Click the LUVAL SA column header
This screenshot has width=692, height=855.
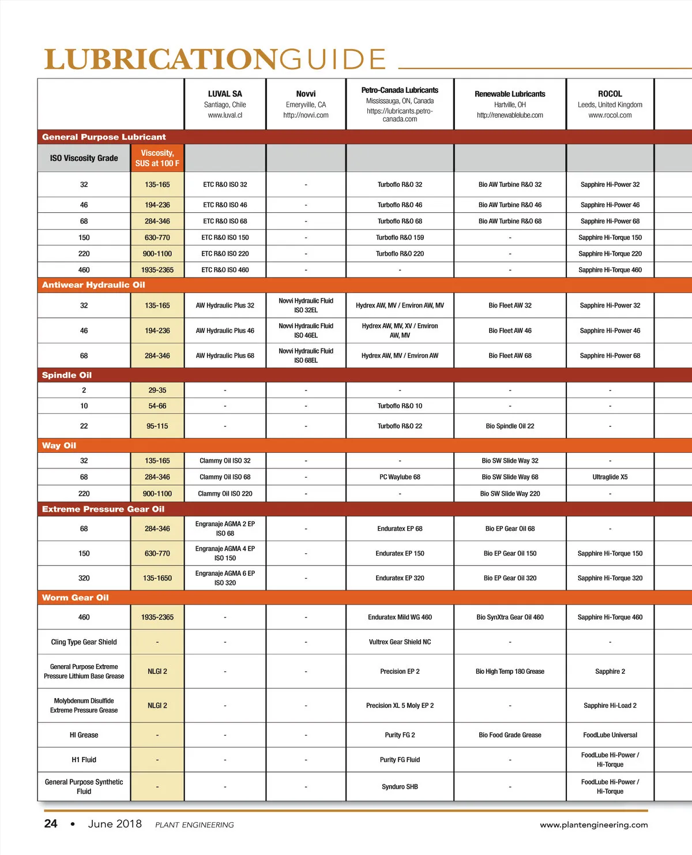point(225,93)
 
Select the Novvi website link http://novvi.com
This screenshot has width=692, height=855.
point(306,115)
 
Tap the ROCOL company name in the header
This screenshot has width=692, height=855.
point(610,93)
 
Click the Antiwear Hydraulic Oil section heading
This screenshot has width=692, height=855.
point(93,285)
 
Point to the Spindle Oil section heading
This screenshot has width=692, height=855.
point(67,375)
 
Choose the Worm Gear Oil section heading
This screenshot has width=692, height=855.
point(75,598)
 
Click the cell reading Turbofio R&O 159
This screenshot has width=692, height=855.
point(400,238)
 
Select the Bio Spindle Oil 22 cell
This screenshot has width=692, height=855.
point(510,426)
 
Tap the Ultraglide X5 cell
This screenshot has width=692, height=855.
point(610,477)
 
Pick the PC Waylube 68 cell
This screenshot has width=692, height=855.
point(400,477)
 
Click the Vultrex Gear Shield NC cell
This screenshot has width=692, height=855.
point(400,642)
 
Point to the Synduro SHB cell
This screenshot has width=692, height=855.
point(400,787)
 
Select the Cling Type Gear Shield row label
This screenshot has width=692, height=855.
point(84,642)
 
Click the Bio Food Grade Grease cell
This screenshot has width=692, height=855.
point(510,735)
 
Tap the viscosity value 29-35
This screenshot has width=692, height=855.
point(157,391)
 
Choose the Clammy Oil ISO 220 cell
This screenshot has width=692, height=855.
point(225,494)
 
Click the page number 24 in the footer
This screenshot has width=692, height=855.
point(51,824)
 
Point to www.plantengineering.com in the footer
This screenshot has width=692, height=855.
point(593,825)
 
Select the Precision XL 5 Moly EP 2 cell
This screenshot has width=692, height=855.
point(400,706)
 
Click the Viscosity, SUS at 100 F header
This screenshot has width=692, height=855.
point(157,158)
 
